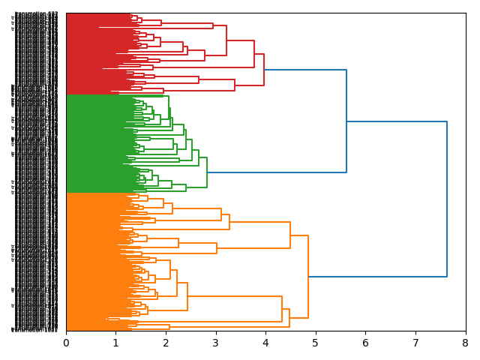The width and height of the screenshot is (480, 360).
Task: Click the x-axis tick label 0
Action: [x=66, y=343]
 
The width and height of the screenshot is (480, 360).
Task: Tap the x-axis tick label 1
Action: [x=116, y=343]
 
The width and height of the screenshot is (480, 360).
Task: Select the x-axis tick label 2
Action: [x=166, y=343]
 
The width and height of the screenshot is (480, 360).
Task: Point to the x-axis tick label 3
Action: [x=216, y=343]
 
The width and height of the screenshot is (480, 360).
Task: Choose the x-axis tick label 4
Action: [x=265, y=343]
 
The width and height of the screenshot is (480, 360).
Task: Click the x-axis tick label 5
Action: [x=316, y=343]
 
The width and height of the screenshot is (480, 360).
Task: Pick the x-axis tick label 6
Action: [x=366, y=343]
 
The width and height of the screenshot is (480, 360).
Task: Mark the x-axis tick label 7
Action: [x=415, y=343]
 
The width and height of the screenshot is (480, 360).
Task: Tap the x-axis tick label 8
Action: [x=466, y=343]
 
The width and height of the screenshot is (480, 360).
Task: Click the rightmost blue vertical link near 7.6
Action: [x=447, y=199]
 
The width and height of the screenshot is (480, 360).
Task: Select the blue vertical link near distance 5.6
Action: [x=346, y=121]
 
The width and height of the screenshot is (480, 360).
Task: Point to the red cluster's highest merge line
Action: [x=264, y=70]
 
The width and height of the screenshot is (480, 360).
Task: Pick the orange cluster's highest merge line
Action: [x=308, y=277]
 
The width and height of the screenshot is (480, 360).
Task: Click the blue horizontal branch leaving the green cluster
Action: [x=277, y=172]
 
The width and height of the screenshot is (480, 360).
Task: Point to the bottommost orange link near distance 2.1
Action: [x=169, y=327]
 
